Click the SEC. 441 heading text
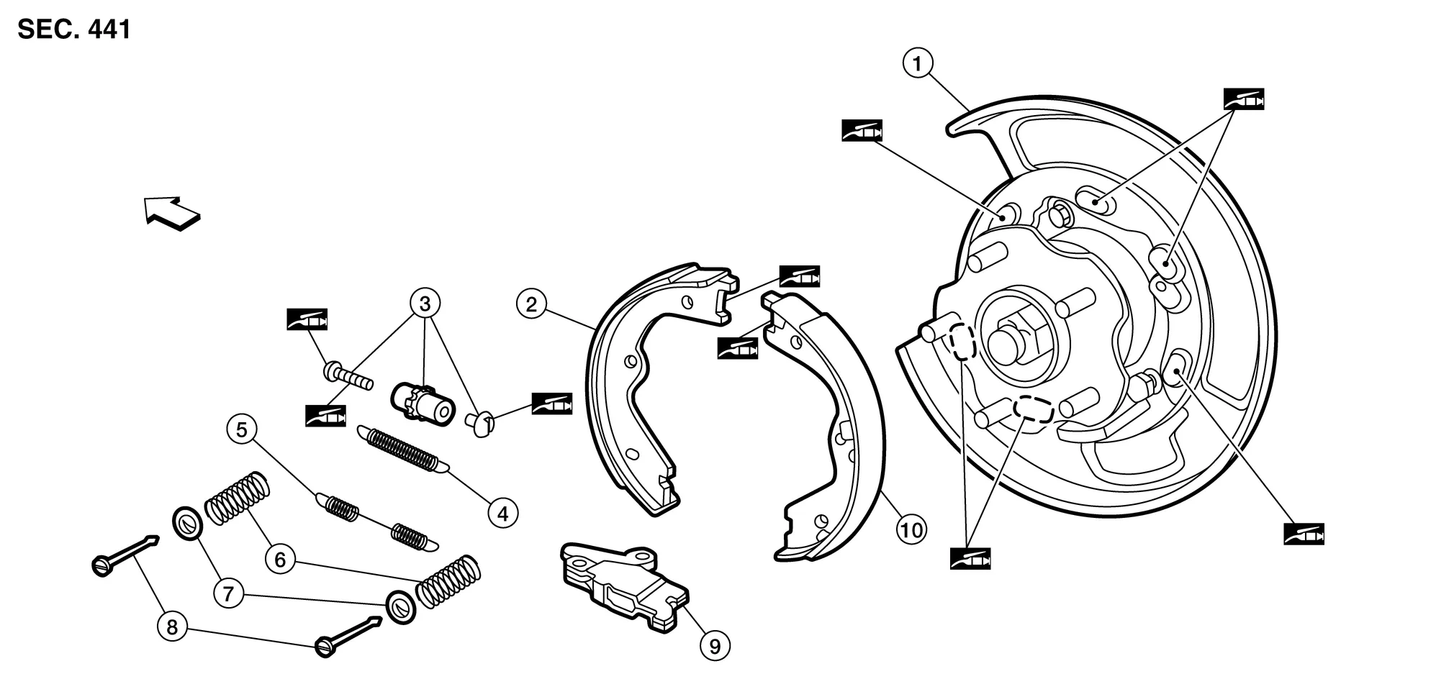pyautogui.click(x=74, y=30)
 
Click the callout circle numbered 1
pyautogui.click(x=917, y=64)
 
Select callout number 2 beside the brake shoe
pyautogui.click(x=531, y=304)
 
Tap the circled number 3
pyautogui.click(x=425, y=304)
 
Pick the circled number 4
pyautogui.click(x=502, y=514)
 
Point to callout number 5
pyautogui.click(x=241, y=430)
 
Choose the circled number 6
pyautogui.click(x=280, y=560)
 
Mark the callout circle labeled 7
pyautogui.click(x=228, y=594)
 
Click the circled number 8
pyautogui.click(x=172, y=627)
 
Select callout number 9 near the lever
pyautogui.click(x=715, y=646)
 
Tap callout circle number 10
pyautogui.click(x=911, y=531)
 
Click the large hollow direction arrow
pyautogui.click(x=171, y=212)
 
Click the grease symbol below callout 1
pyautogui.click(x=862, y=131)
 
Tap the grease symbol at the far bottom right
pyautogui.click(x=1304, y=534)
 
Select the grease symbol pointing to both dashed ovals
pyautogui.click(x=970, y=559)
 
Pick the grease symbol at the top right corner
pyautogui.click(x=1244, y=99)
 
